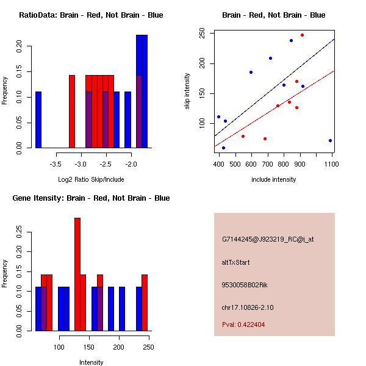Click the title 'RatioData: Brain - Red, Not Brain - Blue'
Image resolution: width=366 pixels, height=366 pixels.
point(91,15)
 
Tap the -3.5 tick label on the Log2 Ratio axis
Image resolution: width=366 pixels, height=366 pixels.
point(56,165)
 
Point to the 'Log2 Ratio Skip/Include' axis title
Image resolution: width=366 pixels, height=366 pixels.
point(91,179)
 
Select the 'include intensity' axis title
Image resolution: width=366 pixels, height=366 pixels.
point(274,179)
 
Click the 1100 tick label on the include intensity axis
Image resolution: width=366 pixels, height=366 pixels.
point(332,165)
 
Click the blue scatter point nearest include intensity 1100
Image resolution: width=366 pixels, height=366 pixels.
point(330,140)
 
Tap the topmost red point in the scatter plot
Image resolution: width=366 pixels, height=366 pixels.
point(302,35)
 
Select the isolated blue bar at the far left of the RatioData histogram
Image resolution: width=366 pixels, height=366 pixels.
point(38,120)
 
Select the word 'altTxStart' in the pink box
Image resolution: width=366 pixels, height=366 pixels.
point(236,263)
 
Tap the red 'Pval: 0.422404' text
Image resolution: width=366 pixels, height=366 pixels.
point(243,325)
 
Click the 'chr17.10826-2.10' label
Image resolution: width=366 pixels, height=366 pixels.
point(248,307)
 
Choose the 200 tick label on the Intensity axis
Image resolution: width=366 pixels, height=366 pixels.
point(119,348)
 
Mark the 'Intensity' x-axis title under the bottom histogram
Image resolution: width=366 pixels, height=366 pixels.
point(91,362)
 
